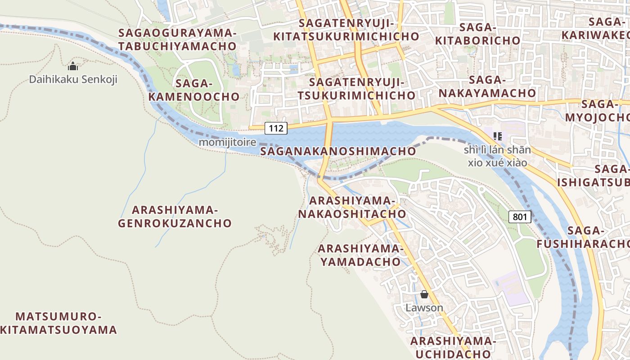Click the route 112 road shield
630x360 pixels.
(276, 128)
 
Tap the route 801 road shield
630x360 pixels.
(520, 217)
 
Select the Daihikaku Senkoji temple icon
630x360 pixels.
(73, 67)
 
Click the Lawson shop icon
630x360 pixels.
(424, 295)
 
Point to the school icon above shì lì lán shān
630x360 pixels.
(497, 136)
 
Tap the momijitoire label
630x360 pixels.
(227, 142)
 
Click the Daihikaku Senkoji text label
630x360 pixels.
(73, 80)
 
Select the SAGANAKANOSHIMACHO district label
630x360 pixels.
(338, 151)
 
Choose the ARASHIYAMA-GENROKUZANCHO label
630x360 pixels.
(175, 216)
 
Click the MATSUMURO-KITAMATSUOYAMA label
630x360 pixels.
(58, 323)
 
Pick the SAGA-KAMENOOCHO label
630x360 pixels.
(194, 90)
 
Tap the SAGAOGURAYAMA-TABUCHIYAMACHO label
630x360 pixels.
(177, 39)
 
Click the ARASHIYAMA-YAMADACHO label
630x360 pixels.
(359, 255)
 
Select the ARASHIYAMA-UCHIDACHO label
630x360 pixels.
(453, 347)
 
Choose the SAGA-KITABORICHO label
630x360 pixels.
(478, 34)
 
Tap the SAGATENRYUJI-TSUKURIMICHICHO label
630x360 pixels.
(356, 89)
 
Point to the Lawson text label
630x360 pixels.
(424, 308)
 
